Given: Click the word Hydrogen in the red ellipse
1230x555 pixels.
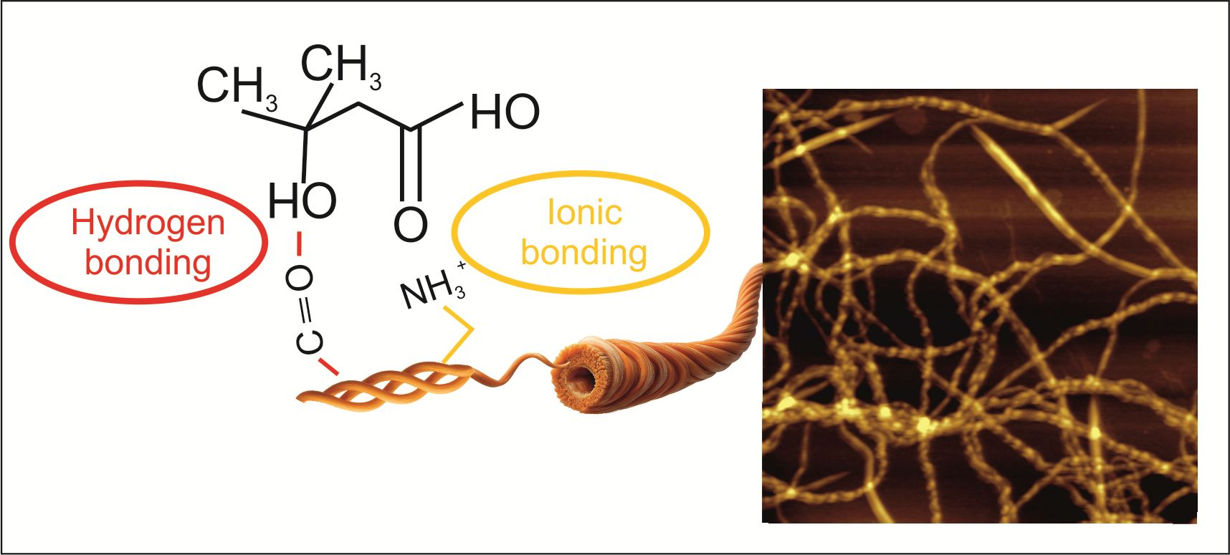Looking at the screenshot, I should click(148, 225).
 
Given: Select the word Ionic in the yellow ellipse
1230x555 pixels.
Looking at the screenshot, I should click(584, 212).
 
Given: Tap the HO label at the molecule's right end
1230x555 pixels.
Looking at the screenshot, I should click(505, 113).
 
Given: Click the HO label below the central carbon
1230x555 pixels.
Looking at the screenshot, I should click(302, 201).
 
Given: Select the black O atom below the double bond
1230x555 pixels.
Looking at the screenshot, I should click(411, 224).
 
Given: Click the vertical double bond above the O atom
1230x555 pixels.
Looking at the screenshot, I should click(411, 164).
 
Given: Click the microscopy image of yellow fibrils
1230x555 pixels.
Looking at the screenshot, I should click(979, 306).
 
